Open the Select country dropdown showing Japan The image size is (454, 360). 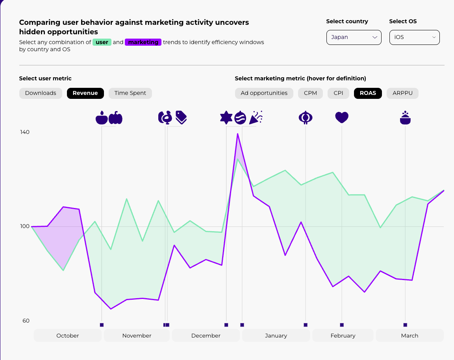pyautogui.click(x=354, y=37)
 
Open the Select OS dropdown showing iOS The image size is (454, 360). pyautogui.click(x=414, y=37)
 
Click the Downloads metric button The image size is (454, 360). pyautogui.click(x=41, y=93)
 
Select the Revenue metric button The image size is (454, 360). pyautogui.click(x=85, y=93)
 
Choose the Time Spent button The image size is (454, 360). pyautogui.click(x=130, y=93)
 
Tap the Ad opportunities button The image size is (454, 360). pyautogui.click(x=264, y=93)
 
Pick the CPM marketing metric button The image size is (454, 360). pyautogui.click(x=310, y=93)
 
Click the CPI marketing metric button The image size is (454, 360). pyautogui.click(x=338, y=93)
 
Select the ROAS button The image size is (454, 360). pyautogui.click(x=368, y=93)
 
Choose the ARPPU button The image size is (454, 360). pyautogui.click(x=402, y=93)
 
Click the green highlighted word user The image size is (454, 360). pyautogui.click(x=102, y=42)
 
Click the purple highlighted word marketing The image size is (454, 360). pyautogui.click(x=143, y=42)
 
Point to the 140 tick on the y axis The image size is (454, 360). pyautogui.click(x=25, y=132)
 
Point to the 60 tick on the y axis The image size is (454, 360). pyautogui.click(x=26, y=321)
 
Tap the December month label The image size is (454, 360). pyautogui.click(x=206, y=336)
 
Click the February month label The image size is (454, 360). pyautogui.click(x=343, y=336)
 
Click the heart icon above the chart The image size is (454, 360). pyautogui.click(x=342, y=117)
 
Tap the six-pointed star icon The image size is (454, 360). pyautogui.click(x=226, y=117)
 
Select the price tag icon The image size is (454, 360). pyautogui.click(x=181, y=117)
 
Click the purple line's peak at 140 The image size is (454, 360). pyautogui.click(x=237, y=134)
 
